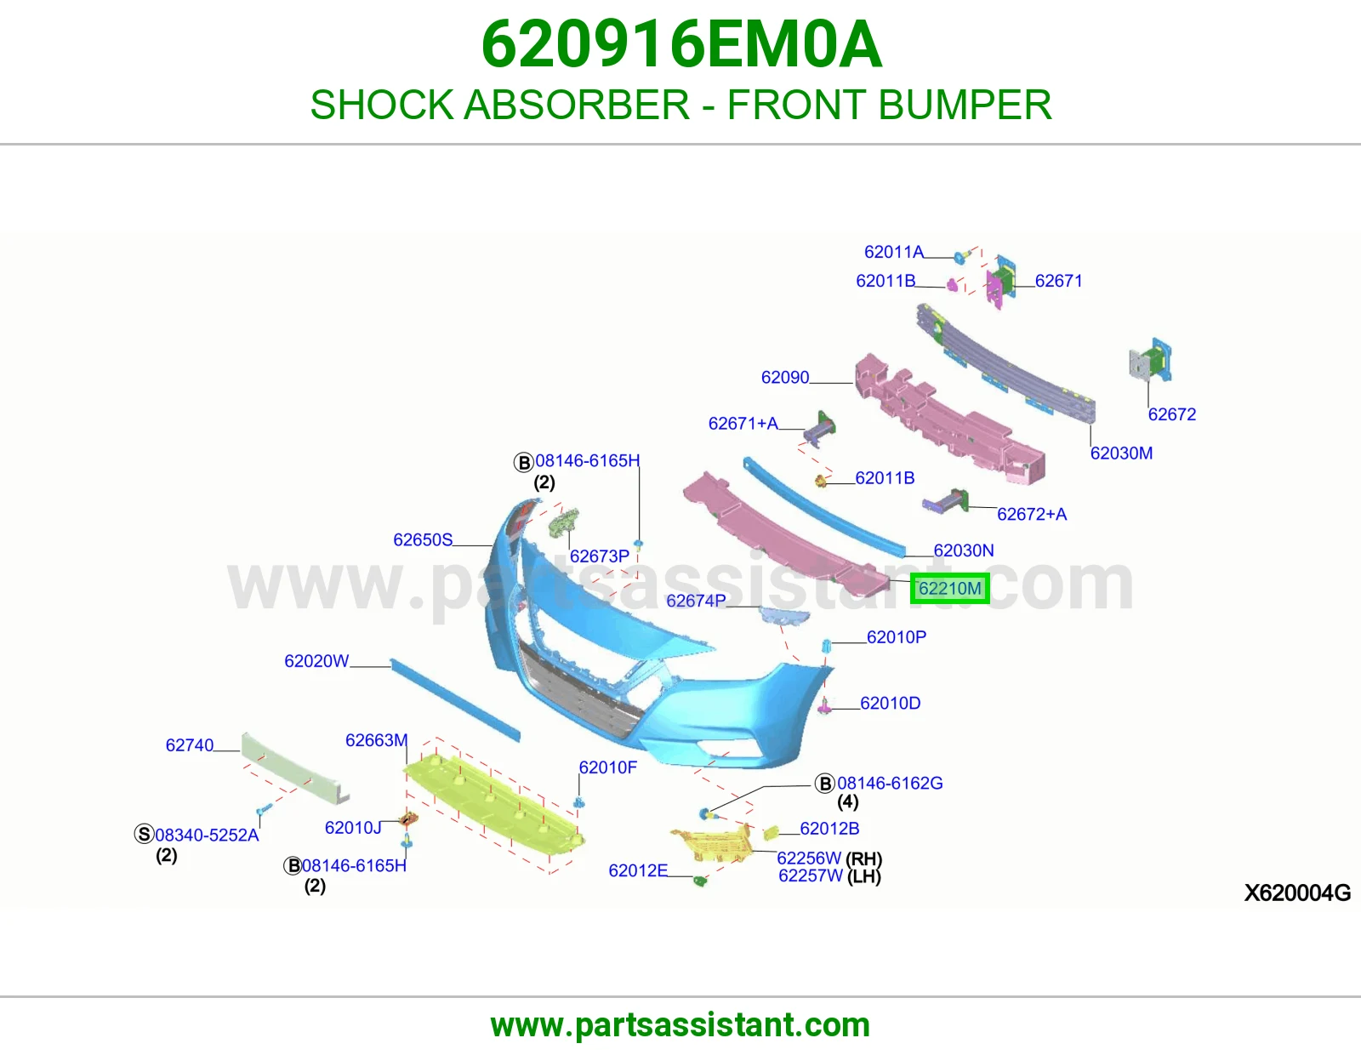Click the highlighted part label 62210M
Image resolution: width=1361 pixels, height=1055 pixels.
coord(949,588)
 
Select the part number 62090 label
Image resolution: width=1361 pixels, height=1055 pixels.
coord(785,377)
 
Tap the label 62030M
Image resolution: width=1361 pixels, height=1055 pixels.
coord(1121,453)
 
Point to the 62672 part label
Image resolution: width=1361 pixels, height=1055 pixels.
coord(1172,414)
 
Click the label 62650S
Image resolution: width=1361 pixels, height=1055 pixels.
coord(423,539)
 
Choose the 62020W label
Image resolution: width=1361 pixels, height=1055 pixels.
coord(316,661)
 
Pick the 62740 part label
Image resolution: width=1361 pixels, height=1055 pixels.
coord(189,745)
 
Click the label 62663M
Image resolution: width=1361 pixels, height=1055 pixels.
coord(377,740)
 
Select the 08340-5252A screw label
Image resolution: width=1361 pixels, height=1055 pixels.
coord(207,835)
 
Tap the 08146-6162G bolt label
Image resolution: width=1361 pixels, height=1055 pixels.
coord(890,783)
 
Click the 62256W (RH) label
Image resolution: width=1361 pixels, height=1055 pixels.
coord(829,858)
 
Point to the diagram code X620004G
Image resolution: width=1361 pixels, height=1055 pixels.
coord(1297,892)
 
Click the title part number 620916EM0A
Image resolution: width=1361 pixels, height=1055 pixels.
coord(681,44)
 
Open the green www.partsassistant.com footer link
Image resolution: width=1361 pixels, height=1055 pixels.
coord(680,1025)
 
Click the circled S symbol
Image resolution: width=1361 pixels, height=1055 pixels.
coord(144,834)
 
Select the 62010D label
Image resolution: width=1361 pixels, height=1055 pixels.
coord(890,703)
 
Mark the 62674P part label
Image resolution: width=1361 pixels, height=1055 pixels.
coord(696,600)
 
